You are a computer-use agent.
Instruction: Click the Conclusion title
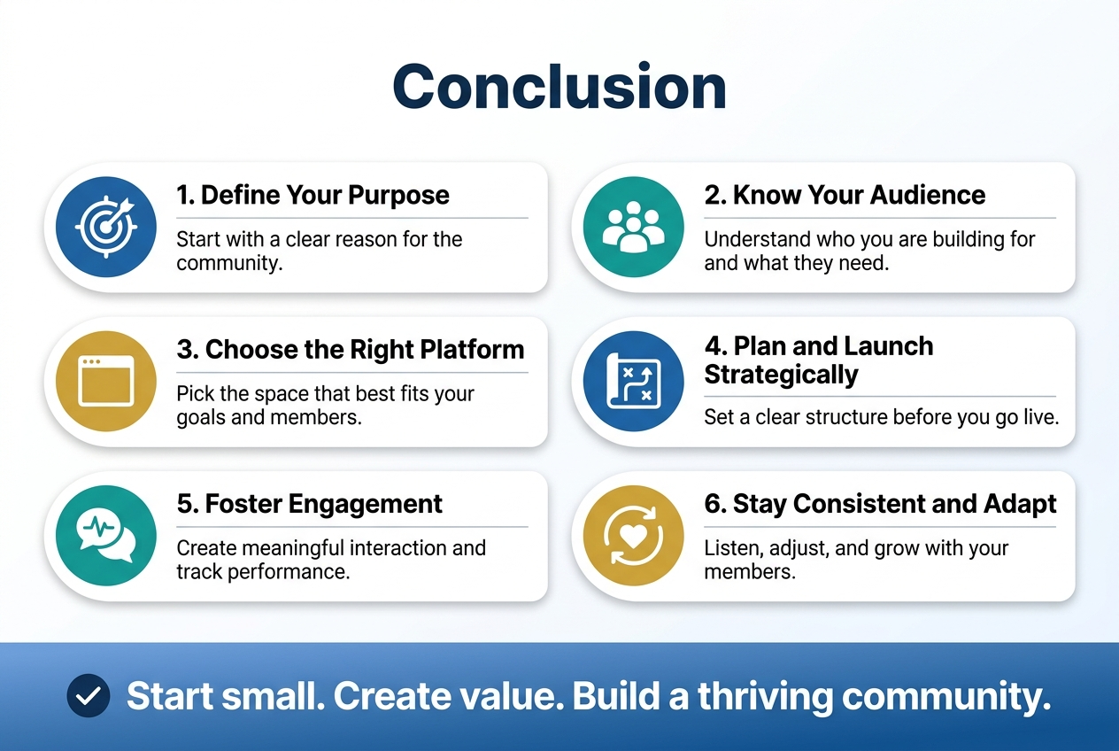pyautogui.click(x=559, y=87)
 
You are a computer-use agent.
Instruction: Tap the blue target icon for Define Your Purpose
pyautogui.click(x=105, y=228)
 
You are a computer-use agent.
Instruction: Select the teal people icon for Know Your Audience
pyautogui.click(x=633, y=228)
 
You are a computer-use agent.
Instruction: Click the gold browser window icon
pyautogui.click(x=105, y=382)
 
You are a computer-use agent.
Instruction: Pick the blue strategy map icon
pyautogui.click(x=633, y=382)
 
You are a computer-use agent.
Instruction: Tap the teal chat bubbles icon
pyautogui.click(x=105, y=536)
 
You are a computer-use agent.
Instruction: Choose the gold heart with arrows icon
pyautogui.click(x=633, y=536)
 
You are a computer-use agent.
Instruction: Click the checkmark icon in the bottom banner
pyautogui.click(x=89, y=696)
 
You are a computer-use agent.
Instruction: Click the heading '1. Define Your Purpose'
pyautogui.click(x=313, y=196)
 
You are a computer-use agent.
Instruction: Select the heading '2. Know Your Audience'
pyautogui.click(x=845, y=196)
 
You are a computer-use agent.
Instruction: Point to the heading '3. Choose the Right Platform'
pyautogui.click(x=351, y=350)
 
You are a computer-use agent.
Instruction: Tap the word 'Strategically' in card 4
pyautogui.click(x=781, y=375)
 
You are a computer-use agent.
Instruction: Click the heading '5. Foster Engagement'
pyautogui.click(x=309, y=504)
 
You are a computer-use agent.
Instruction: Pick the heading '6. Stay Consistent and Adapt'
pyautogui.click(x=880, y=504)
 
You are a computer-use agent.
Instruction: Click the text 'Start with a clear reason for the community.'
pyautogui.click(x=319, y=252)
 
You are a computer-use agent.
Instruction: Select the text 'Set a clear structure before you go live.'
pyautogui.click(x=881, y=416)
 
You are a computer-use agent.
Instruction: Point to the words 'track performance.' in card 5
pyautogui.click(x=263, y=571)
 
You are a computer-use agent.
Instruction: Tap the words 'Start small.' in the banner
pyautogui.click(x=224, y=697)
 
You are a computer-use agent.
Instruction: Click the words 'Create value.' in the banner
pyautogui.click(x=450, y=697)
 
